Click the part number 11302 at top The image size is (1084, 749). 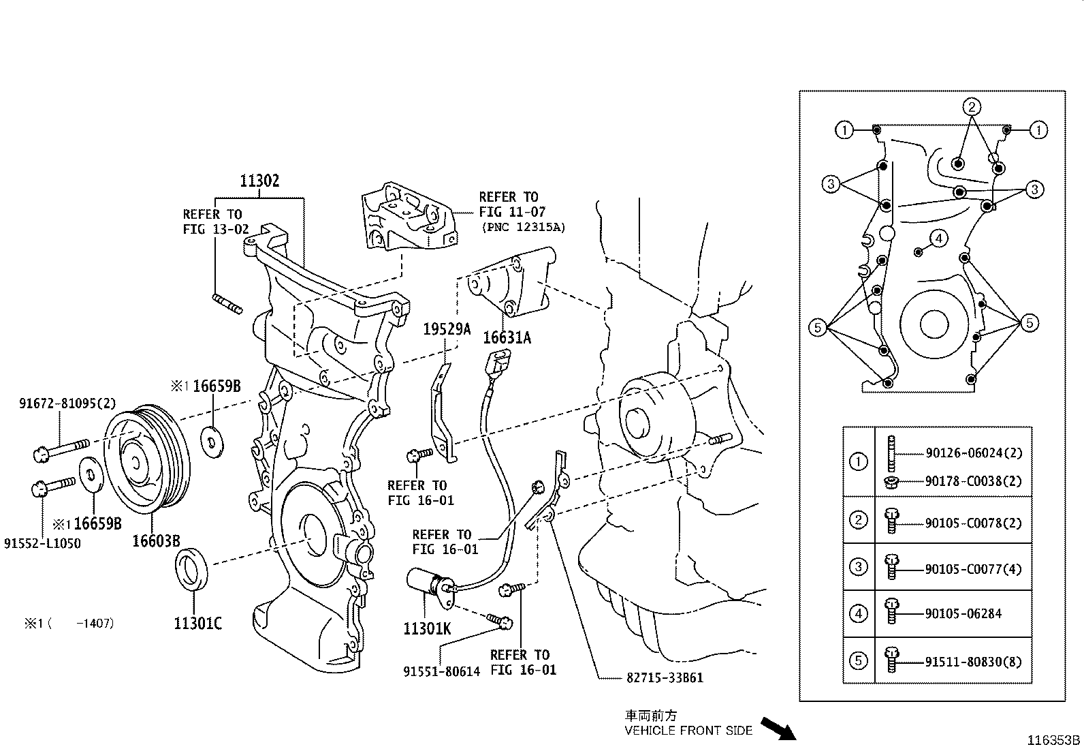259,181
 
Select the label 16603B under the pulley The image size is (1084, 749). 156,541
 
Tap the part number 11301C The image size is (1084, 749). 197,624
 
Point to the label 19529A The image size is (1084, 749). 447,329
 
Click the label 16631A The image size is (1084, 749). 507,337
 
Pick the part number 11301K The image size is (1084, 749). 427,628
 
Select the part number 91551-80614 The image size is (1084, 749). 441,671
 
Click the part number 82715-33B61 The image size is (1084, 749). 664,678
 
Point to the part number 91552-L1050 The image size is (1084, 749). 42,544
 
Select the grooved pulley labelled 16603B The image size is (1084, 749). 147,460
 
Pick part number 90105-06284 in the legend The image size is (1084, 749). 963,614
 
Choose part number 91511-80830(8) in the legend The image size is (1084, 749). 973,662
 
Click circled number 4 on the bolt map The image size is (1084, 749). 939,239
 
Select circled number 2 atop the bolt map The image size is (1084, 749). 972,106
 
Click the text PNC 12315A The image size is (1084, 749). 523,227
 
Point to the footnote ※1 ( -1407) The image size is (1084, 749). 69,624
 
